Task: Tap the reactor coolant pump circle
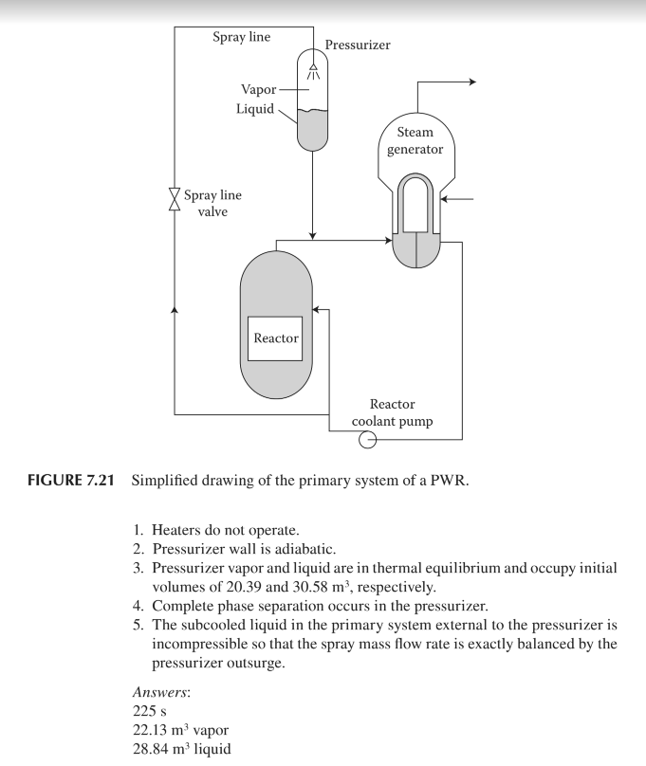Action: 365,439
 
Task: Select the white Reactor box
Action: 275,338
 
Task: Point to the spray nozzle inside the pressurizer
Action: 314,64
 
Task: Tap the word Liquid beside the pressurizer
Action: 254,109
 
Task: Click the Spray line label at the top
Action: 242,37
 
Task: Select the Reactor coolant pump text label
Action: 400,413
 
